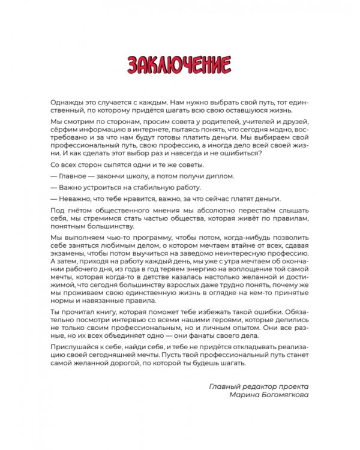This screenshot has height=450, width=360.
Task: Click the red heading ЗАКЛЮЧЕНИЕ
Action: pos(179,64)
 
